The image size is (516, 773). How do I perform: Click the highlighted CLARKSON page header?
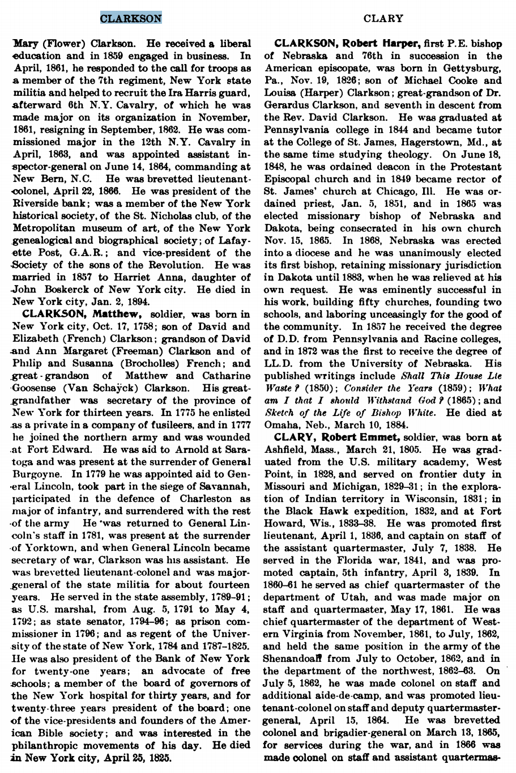pos(131,18)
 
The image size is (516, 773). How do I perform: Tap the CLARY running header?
pos(383,18)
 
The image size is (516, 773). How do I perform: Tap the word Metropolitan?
pos(52,228)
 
